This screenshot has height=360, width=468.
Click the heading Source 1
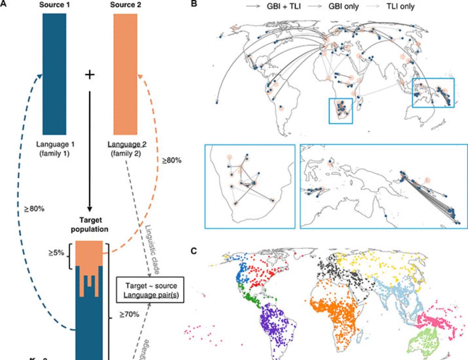(x=54, y=5)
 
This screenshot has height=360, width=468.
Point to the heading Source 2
(x=125, y=5)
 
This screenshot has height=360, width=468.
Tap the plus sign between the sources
(x=89, y=74)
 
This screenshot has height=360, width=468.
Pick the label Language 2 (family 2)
(x=125, y=149)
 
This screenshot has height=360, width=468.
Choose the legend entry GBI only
(x=343, y=7)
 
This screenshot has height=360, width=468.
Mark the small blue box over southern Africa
(x=341, y=111)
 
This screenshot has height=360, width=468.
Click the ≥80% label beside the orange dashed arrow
(x=172, y=160)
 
